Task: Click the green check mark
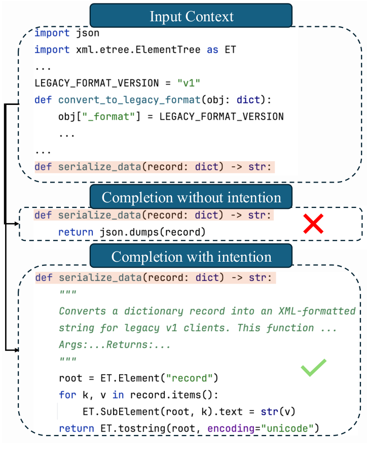[314, 368]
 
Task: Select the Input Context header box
[191, 16]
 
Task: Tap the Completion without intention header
[191, 197]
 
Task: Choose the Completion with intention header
[191, 256]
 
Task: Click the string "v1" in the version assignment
[189, 83]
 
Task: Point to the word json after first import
[88, 33]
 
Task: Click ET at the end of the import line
[230, 50]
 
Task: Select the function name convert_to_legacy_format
[129, 100]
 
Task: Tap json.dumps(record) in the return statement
[153, 232]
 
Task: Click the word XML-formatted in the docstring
[317, 311]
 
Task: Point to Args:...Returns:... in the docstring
[115, 344]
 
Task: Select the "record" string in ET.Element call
[189, 378]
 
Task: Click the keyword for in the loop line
[67, 395]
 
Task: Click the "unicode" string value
[287, 428]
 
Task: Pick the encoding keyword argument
[231, 429]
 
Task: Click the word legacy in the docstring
[141, 328]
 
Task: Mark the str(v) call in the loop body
[278, 412]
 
